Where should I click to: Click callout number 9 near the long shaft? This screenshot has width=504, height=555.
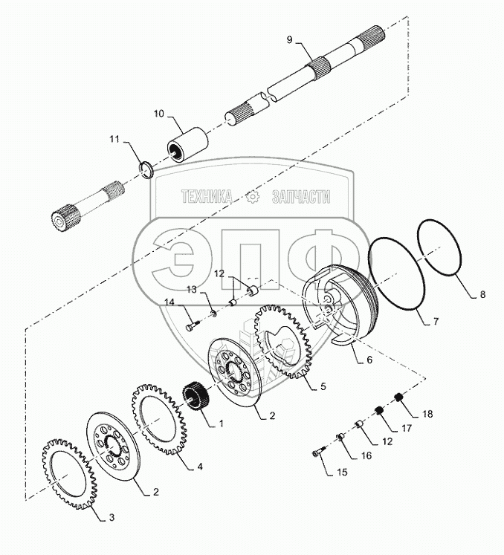(289, 38)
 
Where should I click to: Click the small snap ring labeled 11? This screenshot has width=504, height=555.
(147, 167)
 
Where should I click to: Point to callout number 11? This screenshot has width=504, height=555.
(114, 138)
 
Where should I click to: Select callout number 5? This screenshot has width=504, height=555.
(322, 387)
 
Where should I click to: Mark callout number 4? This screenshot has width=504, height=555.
(199, 467)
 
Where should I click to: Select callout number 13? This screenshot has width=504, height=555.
(191, 288)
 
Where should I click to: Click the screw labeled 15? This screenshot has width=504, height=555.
(318, 451)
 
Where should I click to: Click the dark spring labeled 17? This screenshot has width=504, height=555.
(378, 411)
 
